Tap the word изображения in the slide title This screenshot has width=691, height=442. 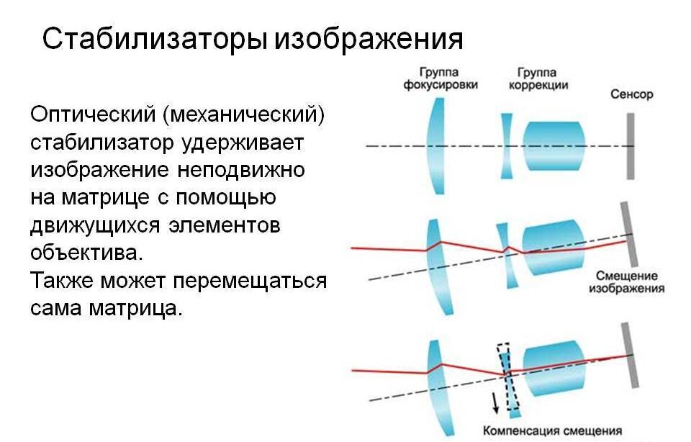pos(370,40)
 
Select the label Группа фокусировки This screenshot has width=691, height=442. pos(441,78)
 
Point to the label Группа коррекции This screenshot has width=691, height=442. pos(538,78)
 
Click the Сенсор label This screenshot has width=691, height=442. pos(631,94)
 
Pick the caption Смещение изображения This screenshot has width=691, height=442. pos(626,282)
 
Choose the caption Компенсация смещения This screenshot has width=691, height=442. pos(553,430)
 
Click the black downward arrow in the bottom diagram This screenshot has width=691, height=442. pos(495,402)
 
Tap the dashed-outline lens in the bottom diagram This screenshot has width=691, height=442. pos(509,381)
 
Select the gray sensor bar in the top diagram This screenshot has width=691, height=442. pos(631,146)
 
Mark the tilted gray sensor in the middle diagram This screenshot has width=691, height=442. pos(629,234)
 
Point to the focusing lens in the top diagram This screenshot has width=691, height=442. pos(436,146)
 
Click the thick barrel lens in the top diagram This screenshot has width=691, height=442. pos(554,146)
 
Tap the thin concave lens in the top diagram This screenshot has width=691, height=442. pos(507,146)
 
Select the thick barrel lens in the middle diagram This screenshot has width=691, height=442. pos(554,247)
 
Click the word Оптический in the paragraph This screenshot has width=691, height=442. pos(93,115)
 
